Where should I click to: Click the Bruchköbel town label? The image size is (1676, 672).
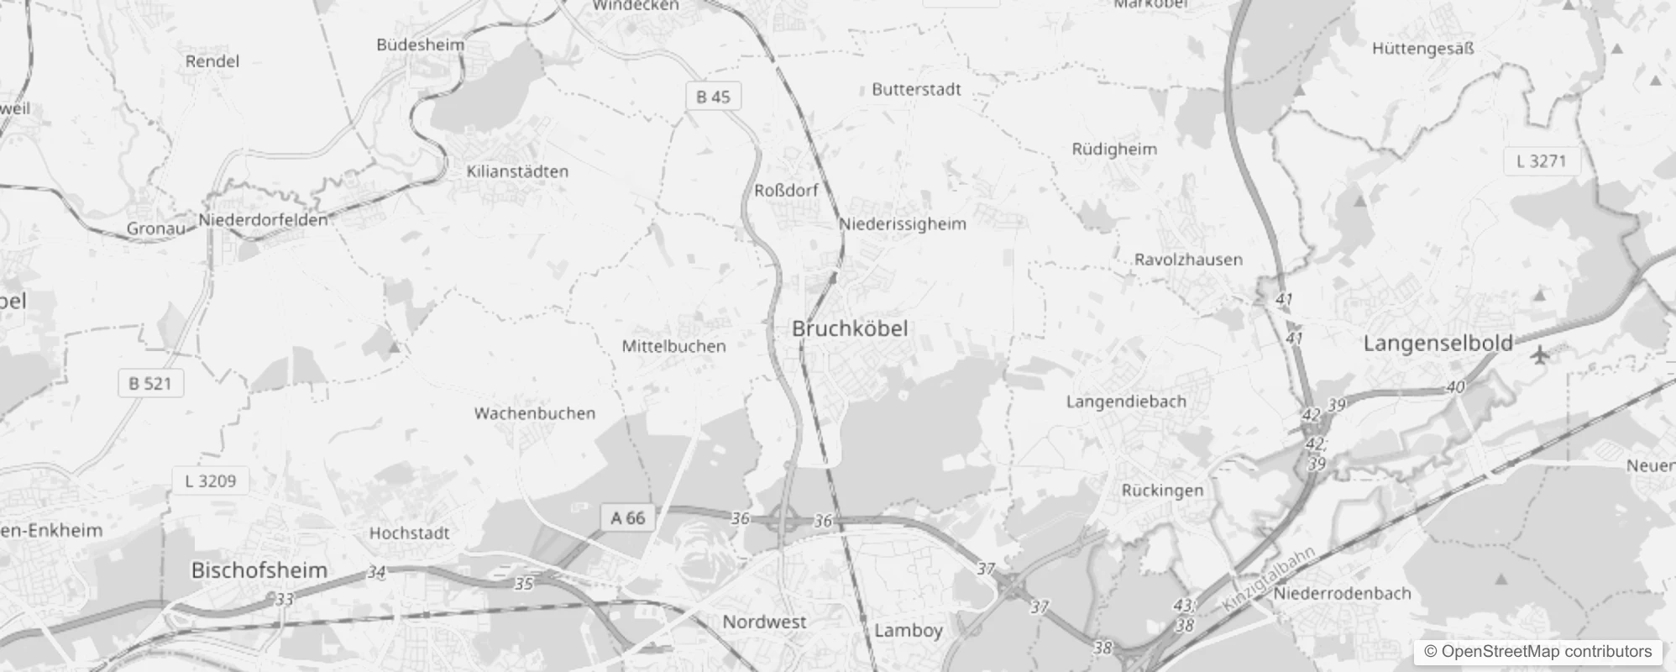tap(850, 328)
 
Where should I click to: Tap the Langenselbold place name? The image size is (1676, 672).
tap(1438, 343)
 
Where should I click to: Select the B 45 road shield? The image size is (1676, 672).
tap(713, 97)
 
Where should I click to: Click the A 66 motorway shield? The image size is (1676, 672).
tap(628, 517)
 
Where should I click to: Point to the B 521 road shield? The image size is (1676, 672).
tap(150, 384)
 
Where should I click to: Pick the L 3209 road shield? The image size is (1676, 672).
tap(210, 481)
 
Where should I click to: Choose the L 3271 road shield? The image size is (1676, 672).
tap(1541, 161)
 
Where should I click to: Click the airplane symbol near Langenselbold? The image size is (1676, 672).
tap(1539, 354)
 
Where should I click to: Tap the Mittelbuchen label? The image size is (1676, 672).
tap(673, 346)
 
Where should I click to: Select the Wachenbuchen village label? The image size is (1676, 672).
tap(535, 413)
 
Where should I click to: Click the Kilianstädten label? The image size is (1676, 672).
tap(517, 171)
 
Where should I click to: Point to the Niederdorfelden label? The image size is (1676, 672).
tap(263, 220)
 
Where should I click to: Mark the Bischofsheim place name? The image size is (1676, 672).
tap(259, 570)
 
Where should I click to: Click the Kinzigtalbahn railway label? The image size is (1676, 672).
tap(1270, 580)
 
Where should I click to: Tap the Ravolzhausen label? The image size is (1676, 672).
tap(1188, 260)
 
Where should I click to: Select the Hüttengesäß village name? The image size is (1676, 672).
tap(1422, 49)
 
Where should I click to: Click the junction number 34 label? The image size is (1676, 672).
tap(376, 572)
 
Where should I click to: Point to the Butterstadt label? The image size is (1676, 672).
tap(916, 90)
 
